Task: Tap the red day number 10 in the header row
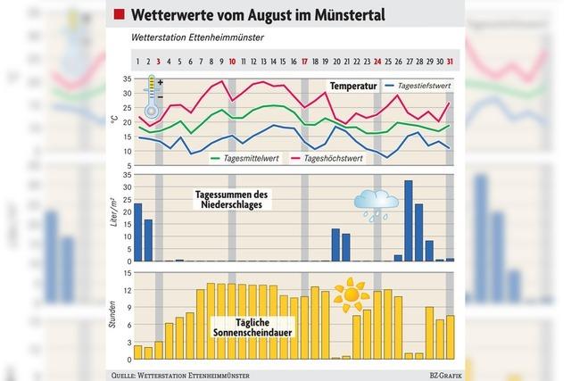point(232,62)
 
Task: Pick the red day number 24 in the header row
point(377,62)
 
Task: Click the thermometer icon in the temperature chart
point(153,98)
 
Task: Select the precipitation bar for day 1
point(137,232)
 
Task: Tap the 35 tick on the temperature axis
point(126,79)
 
